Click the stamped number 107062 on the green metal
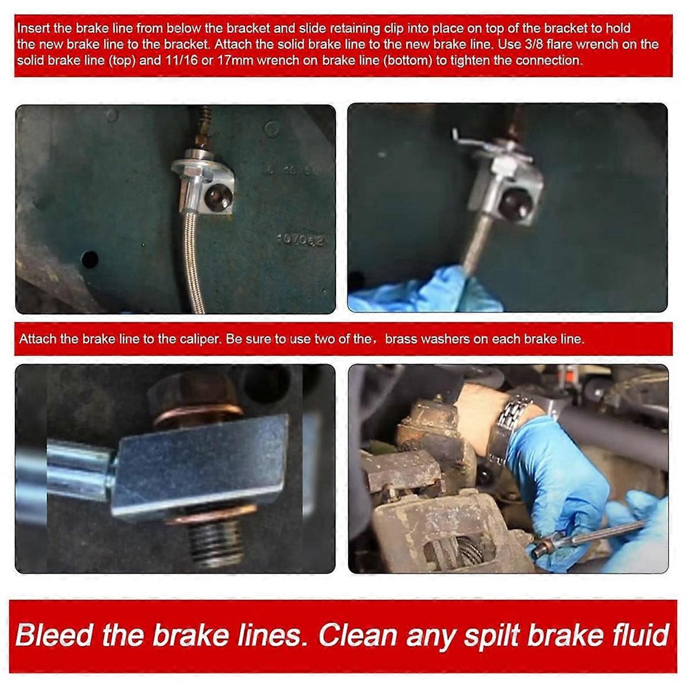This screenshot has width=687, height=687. click(301, 240)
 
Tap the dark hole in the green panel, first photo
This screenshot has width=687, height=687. click(90, 259)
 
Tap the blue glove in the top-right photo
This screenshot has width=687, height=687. click(424, 291)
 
